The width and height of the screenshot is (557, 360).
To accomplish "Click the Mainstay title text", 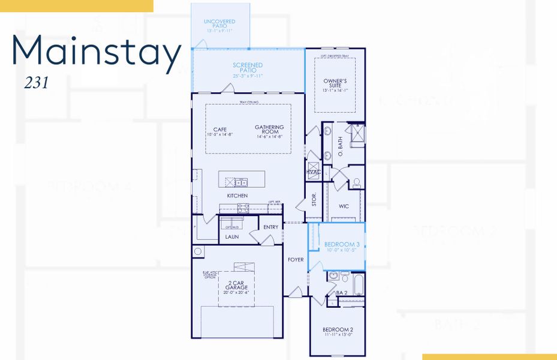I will coord(96,53).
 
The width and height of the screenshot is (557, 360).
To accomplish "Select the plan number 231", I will coord(36,83).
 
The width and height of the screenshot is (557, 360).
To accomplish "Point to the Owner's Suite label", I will coord(335,83).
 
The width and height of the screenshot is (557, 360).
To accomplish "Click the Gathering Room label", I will coord(269,130).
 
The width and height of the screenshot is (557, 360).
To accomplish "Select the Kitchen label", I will coord(237,196).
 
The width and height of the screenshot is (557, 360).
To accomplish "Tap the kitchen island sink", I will coord(241,182).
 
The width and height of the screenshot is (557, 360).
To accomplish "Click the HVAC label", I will coord(314,172).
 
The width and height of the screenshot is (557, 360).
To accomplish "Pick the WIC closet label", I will coord(344,206).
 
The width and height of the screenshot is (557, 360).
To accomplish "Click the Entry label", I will coord(270,227).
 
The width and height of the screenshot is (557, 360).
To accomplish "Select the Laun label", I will coord(232,237).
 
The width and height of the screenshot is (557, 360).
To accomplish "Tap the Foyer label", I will coord(296,260).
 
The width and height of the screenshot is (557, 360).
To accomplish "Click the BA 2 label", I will coord(341,293).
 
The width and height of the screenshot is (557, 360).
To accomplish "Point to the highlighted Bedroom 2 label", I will coord(338,332).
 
